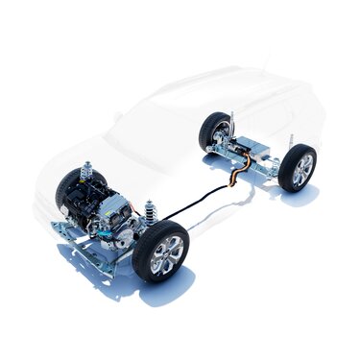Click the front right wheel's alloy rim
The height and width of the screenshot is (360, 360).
(x=164, y=252)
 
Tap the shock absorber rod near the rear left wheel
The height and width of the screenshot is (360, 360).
(x=229, y=124)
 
